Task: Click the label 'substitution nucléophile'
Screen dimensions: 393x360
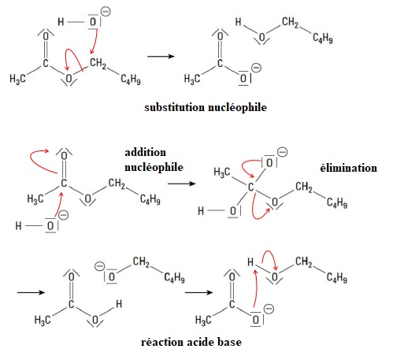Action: click(x=206, y=107)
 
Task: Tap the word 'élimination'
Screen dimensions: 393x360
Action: click(x=349, y=168)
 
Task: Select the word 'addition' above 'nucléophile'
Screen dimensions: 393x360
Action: click(x=145, y=152)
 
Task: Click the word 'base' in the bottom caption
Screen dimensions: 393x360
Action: click(x=229, y=342)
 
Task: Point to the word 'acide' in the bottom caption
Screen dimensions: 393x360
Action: click(x=201, y=342)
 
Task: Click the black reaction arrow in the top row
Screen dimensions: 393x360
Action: click(x=161, y=56)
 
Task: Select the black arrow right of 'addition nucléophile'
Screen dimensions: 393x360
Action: click(x=182, y=184)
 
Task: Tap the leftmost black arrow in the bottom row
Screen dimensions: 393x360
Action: click(x=31, y=292)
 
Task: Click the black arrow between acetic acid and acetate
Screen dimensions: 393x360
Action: click(x=198, y=292)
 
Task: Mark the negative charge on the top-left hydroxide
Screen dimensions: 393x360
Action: click(x=106, y=12)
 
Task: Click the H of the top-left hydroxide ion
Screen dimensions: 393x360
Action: click(x=61, y=22)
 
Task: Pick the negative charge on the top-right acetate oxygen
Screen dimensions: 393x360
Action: click(x=256, y=68)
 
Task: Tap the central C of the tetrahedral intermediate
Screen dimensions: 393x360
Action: click(x=250, y=187)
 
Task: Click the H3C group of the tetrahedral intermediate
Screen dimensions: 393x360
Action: click(x=222, y=173)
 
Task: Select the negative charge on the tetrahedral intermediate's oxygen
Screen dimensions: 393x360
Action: click(x=283, y=152)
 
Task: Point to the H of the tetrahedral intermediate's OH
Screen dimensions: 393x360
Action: click(x=201, y=210)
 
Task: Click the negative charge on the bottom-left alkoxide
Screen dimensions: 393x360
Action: click(x=99, y=266)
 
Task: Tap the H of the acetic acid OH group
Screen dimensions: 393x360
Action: click(x=119, y=304)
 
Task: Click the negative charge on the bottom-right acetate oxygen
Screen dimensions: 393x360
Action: click(x=269, y=309)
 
